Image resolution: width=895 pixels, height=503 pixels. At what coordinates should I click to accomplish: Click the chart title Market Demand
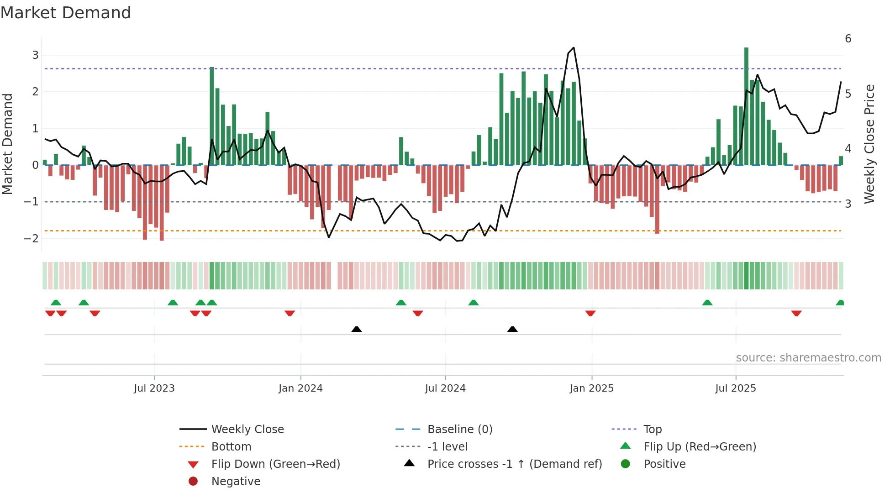coord(66,12)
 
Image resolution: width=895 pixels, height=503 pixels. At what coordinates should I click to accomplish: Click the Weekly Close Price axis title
coord(869,144)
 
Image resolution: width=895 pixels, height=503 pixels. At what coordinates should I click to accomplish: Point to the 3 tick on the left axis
coord(35,55)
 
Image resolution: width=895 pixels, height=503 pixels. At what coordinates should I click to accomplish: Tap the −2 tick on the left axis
coord(32,238)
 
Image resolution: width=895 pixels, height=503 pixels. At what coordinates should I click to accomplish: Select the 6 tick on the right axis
coord(848,39)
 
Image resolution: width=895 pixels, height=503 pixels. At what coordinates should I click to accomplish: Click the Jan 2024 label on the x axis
coord(300,388)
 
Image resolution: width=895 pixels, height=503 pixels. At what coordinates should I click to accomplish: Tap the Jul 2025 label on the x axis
coord(735,388)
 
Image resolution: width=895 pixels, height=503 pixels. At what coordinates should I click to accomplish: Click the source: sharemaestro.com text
coord(808,357)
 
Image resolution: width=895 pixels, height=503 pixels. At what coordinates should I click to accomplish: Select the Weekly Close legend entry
coord(247,429)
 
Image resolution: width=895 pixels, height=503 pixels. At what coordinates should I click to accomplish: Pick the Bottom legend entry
coord(231,446)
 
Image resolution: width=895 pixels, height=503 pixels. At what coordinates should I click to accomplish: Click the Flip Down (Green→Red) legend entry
coord(275,464)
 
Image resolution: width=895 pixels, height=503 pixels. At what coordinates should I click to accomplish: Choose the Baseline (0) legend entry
coord(459,429)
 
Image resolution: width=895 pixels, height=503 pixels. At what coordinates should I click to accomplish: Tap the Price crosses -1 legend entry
coord(514,464)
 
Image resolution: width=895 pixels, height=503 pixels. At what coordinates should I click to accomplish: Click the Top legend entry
coord(652,429)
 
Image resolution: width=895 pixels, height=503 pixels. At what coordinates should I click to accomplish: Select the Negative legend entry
coord(236,481)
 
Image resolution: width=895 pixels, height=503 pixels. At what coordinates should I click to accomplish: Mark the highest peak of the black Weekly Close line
coord(574,47)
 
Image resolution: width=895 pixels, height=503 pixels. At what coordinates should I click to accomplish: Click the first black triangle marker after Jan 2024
coord(357,329)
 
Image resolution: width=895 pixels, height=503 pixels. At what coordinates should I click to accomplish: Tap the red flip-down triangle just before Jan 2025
coord(590,313)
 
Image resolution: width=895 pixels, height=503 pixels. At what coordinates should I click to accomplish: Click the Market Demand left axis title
coord(8,144)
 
